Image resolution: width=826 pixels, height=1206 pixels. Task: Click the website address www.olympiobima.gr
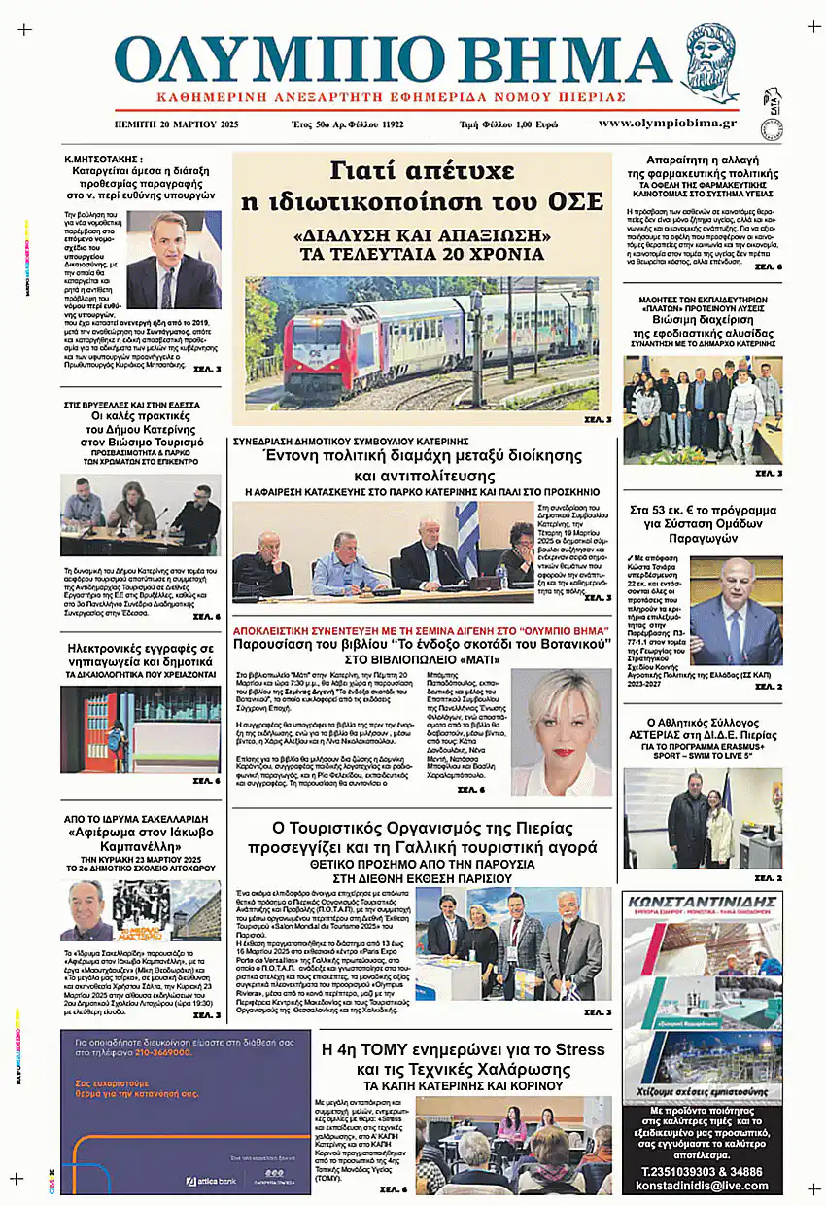point(667,124)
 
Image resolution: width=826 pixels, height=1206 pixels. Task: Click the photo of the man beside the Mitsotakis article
point(175,260)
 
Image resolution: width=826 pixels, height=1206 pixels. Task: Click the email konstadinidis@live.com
point(702,1187)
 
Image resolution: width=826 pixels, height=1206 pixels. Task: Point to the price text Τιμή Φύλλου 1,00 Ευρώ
point(508,124)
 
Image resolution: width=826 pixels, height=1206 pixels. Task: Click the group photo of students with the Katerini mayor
point(702,408)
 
